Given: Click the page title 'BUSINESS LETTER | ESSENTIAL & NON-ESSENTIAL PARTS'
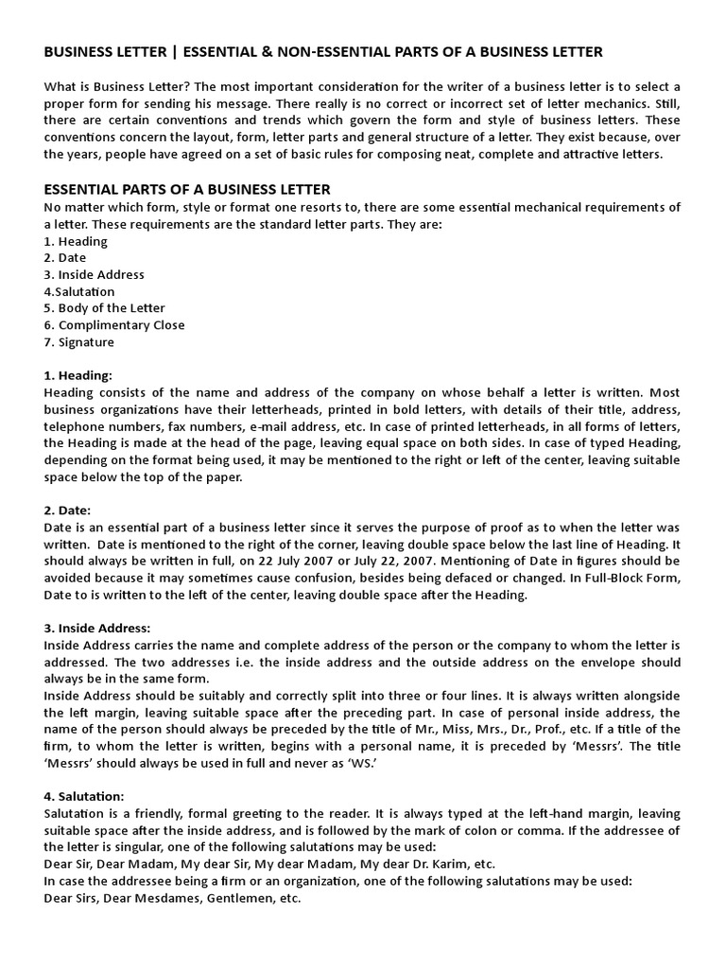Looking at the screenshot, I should tap(323, 51).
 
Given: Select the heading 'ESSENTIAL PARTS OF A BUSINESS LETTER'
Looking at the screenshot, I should tap(187, 190).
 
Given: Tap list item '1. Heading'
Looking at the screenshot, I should tap(76, 241).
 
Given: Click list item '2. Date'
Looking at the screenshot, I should tap(65, 258).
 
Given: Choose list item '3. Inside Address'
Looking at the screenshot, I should tap(94, 275).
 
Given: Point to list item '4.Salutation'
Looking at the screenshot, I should tap(79, 292).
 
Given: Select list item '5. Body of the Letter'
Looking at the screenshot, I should tap(104, 308).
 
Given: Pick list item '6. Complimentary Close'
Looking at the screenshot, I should tap(114, 325).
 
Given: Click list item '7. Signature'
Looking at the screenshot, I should tap(79, 342).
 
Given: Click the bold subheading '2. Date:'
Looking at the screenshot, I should tap(68, 510).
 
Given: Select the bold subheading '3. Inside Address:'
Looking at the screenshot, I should tap(97, 629).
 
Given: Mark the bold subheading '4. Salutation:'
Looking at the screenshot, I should tap(84, 797).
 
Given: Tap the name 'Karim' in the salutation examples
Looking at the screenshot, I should tap(441, 864).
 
